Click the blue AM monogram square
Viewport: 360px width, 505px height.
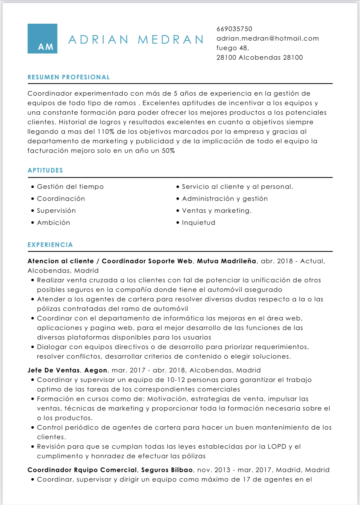42,39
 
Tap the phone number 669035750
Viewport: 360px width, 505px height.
234,29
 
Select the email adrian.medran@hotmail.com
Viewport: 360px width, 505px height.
267,38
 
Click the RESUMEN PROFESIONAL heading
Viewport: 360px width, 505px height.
69,77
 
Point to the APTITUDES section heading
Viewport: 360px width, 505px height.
45,170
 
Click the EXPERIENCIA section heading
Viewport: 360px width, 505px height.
50,245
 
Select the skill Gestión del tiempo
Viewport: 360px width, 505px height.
70,187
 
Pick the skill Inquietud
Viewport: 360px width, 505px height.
198,223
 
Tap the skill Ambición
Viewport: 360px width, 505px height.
54,223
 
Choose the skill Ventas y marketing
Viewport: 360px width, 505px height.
217,211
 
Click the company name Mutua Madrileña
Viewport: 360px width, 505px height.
226,261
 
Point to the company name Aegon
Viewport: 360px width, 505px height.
96,370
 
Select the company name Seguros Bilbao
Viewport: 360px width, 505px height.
167,470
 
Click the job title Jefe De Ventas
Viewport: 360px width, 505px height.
54,370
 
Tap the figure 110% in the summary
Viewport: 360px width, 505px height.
106,132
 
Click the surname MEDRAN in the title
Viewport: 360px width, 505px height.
171,40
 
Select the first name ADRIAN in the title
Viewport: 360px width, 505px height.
98,40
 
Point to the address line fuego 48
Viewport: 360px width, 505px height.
233,48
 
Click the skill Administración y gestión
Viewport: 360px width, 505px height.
225,199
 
